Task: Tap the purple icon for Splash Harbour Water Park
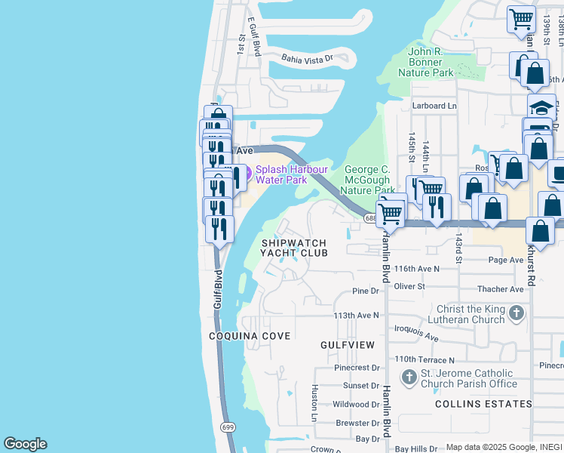pos(246,170)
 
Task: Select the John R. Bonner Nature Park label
pos(431,62)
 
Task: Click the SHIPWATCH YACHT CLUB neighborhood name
pos(294,248)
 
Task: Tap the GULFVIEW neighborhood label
pos(347,344)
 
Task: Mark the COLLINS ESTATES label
pos(484,404)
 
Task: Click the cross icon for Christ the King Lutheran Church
pos(516,313)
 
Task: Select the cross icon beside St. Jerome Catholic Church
pos(409,376)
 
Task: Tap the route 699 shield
pos(228,427)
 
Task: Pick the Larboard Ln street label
pos(434,106)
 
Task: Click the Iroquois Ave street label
pos(416,333)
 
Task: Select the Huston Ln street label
pos(315,403)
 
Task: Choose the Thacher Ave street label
pos(501,289)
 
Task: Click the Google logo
pos(25,444)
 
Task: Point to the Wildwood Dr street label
pos(356,404)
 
